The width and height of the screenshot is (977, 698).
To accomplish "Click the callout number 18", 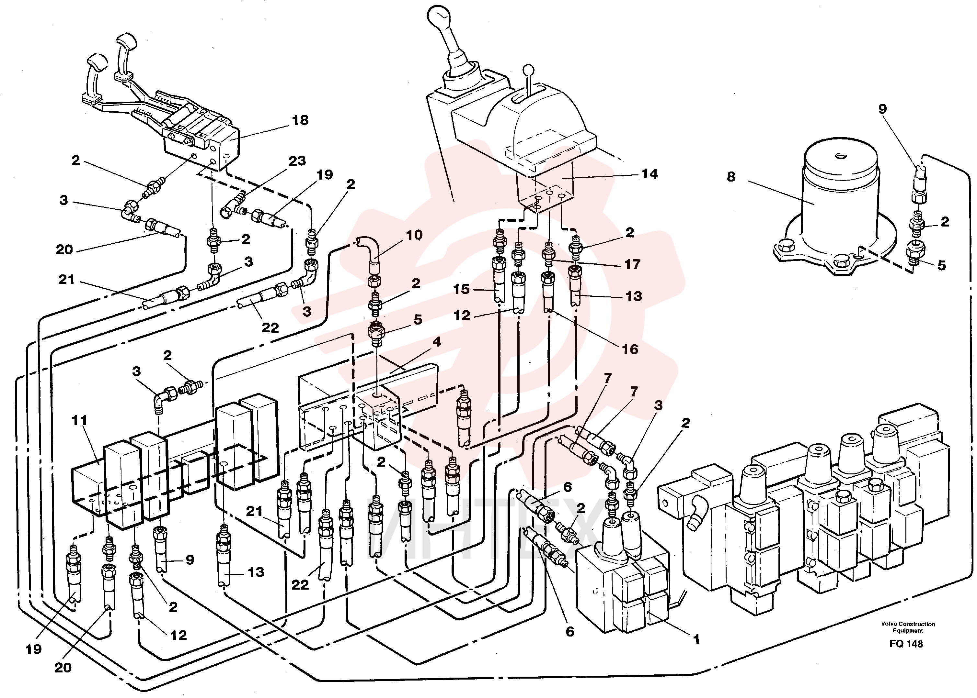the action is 300,120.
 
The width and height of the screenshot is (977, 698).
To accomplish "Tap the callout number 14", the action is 649,174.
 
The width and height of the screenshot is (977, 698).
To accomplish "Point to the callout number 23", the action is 297,161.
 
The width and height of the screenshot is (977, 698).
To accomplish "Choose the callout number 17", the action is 632,264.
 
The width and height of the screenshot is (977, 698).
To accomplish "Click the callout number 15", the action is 461,289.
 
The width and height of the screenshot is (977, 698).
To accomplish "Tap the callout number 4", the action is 437,342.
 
